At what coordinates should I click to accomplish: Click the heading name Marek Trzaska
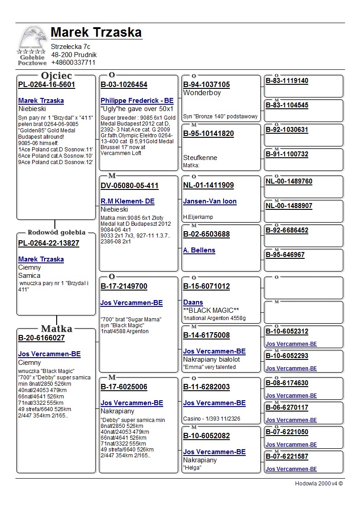pyautogui.click(x=96, y=33)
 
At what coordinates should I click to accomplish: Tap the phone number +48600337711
pyautogui.click(x=73, y=63)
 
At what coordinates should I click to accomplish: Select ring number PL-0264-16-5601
pyautogui.click(x=47, y=85)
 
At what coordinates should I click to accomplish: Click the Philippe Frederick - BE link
pyautogui.click(x=137, y=101)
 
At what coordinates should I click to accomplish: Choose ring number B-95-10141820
pyautogui.click(x=209, y=134)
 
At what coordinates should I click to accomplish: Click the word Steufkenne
pyautogui.click(x=200, y=158)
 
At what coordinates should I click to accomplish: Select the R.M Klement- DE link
pyautogui.click(x=127, y=201)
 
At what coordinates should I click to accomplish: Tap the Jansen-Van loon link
pyautogui.click(x=210, y=201)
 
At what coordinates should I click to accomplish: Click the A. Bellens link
pyautogui.click(x=199, y=250)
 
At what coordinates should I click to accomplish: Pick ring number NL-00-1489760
pyautogui.click(x=289, y=181)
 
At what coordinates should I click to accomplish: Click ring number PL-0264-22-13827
pyautogui.click(x=49, y=243)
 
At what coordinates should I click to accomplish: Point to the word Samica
pyautogui.click(x=29, y=276)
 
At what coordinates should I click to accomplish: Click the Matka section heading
pyautogui.click(x=57, y=329)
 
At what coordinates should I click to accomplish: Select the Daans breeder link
pyautogui.click(x=193, y=302)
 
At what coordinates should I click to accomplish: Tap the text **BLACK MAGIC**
pyautogui.click(x=211, y=310)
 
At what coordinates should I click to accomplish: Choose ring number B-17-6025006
pyautogui.click(x=124, y=387)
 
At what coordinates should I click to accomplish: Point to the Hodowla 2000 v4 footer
pyautogui.click(x=319, y=484)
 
